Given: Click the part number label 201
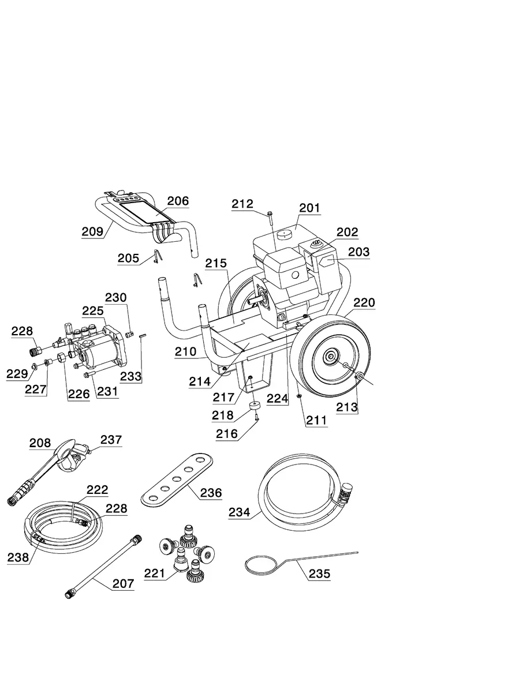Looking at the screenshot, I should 310,208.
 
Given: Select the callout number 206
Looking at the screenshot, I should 178,201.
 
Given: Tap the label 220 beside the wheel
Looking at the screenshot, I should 364,302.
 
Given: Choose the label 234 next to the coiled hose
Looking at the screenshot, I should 239,512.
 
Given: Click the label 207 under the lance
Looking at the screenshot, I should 123,583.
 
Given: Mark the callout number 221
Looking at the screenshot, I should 155,573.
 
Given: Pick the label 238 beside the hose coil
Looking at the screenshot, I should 18,557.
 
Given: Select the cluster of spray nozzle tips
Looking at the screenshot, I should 183,552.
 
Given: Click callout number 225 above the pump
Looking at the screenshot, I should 93,311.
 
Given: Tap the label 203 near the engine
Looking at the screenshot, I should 358,252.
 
